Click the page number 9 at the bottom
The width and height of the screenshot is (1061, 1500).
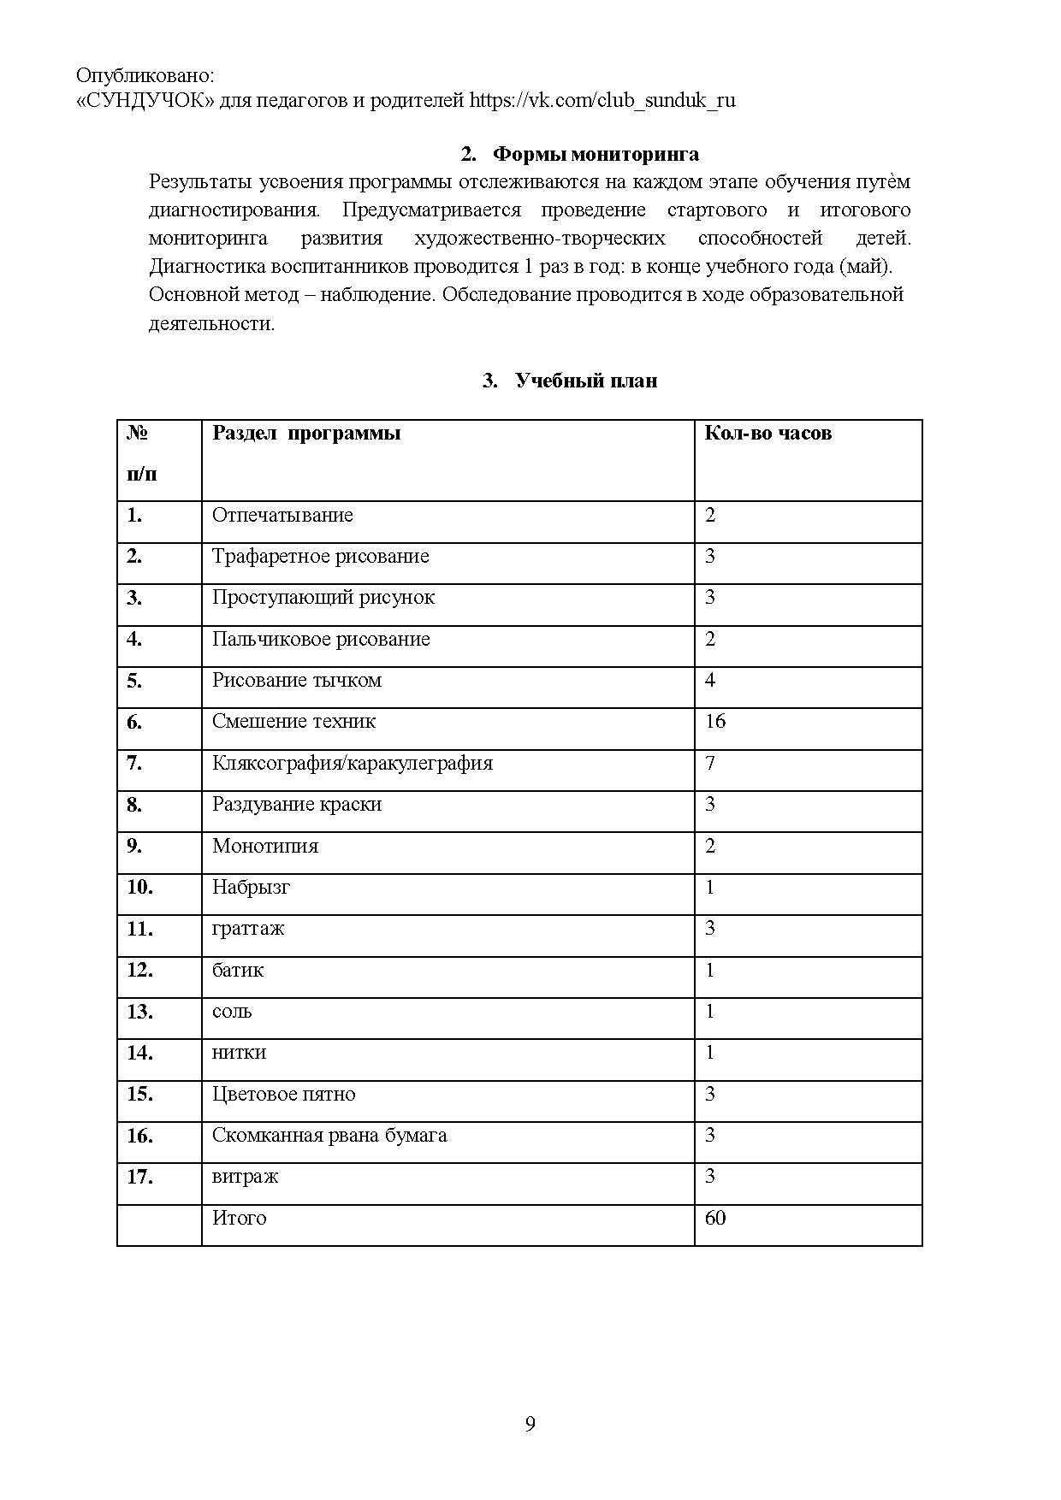tap(530, 1424)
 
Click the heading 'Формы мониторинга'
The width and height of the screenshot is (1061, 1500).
tap(596, 154)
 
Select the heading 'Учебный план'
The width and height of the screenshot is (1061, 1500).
tap(586, 381)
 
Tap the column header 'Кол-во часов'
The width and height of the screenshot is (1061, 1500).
tap(768, 433)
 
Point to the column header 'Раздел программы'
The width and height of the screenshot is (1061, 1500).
tap(306, 433)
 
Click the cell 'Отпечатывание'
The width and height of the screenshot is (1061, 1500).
tap(282, 515)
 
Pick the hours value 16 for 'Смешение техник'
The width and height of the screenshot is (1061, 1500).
tap(715, 721)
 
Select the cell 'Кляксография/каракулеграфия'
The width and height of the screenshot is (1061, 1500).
tap(353, 763)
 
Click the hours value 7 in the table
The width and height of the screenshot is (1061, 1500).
tap(710, 763)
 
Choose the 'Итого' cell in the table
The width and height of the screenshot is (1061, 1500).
tap(240, 1218)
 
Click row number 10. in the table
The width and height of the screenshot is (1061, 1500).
tap(140, 887)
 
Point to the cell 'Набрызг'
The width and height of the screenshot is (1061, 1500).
tap(251, 887)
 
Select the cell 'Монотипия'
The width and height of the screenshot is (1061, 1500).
tap(265, 846)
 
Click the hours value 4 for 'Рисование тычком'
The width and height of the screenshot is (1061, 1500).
tap(710, 680)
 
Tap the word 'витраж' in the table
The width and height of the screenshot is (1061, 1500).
tap(245, 1177)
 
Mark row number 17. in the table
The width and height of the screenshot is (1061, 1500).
tap(140, 1177)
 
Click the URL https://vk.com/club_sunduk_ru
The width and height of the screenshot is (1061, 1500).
tap(602, 100)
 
